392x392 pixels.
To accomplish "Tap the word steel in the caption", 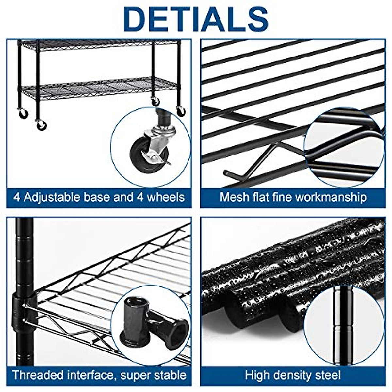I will tap(328, 375).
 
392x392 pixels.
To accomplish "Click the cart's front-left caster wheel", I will tap(41, 125).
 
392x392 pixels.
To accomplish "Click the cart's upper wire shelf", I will tap(98, 44).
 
